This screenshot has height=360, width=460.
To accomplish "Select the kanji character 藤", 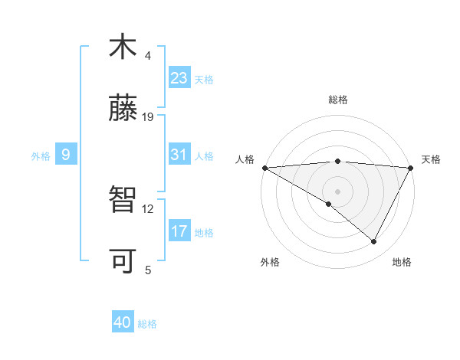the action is (123, 108).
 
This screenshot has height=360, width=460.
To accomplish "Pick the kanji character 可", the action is (123, 260).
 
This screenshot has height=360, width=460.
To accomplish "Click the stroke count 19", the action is (148, 117).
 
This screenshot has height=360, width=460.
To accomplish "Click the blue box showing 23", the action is (179, 78).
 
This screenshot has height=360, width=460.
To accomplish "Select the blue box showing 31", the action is (179, 155).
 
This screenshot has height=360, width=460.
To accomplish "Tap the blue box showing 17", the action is (179, 231).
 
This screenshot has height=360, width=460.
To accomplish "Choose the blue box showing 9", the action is (66, 155).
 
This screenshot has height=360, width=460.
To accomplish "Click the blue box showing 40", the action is (123, 322).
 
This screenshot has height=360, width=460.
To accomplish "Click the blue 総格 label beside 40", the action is (147, 324).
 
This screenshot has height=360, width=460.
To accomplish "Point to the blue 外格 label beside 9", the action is (41, 156).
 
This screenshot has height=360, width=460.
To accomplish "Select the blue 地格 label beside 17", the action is (204, 232).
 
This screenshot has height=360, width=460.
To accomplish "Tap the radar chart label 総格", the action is (338, 100).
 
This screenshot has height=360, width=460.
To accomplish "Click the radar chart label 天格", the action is (431, 159).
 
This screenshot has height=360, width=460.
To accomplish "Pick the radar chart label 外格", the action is (270, 262).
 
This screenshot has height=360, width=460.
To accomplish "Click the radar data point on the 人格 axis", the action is (264, 167).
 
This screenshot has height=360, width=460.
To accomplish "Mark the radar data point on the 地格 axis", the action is (374, 242).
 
